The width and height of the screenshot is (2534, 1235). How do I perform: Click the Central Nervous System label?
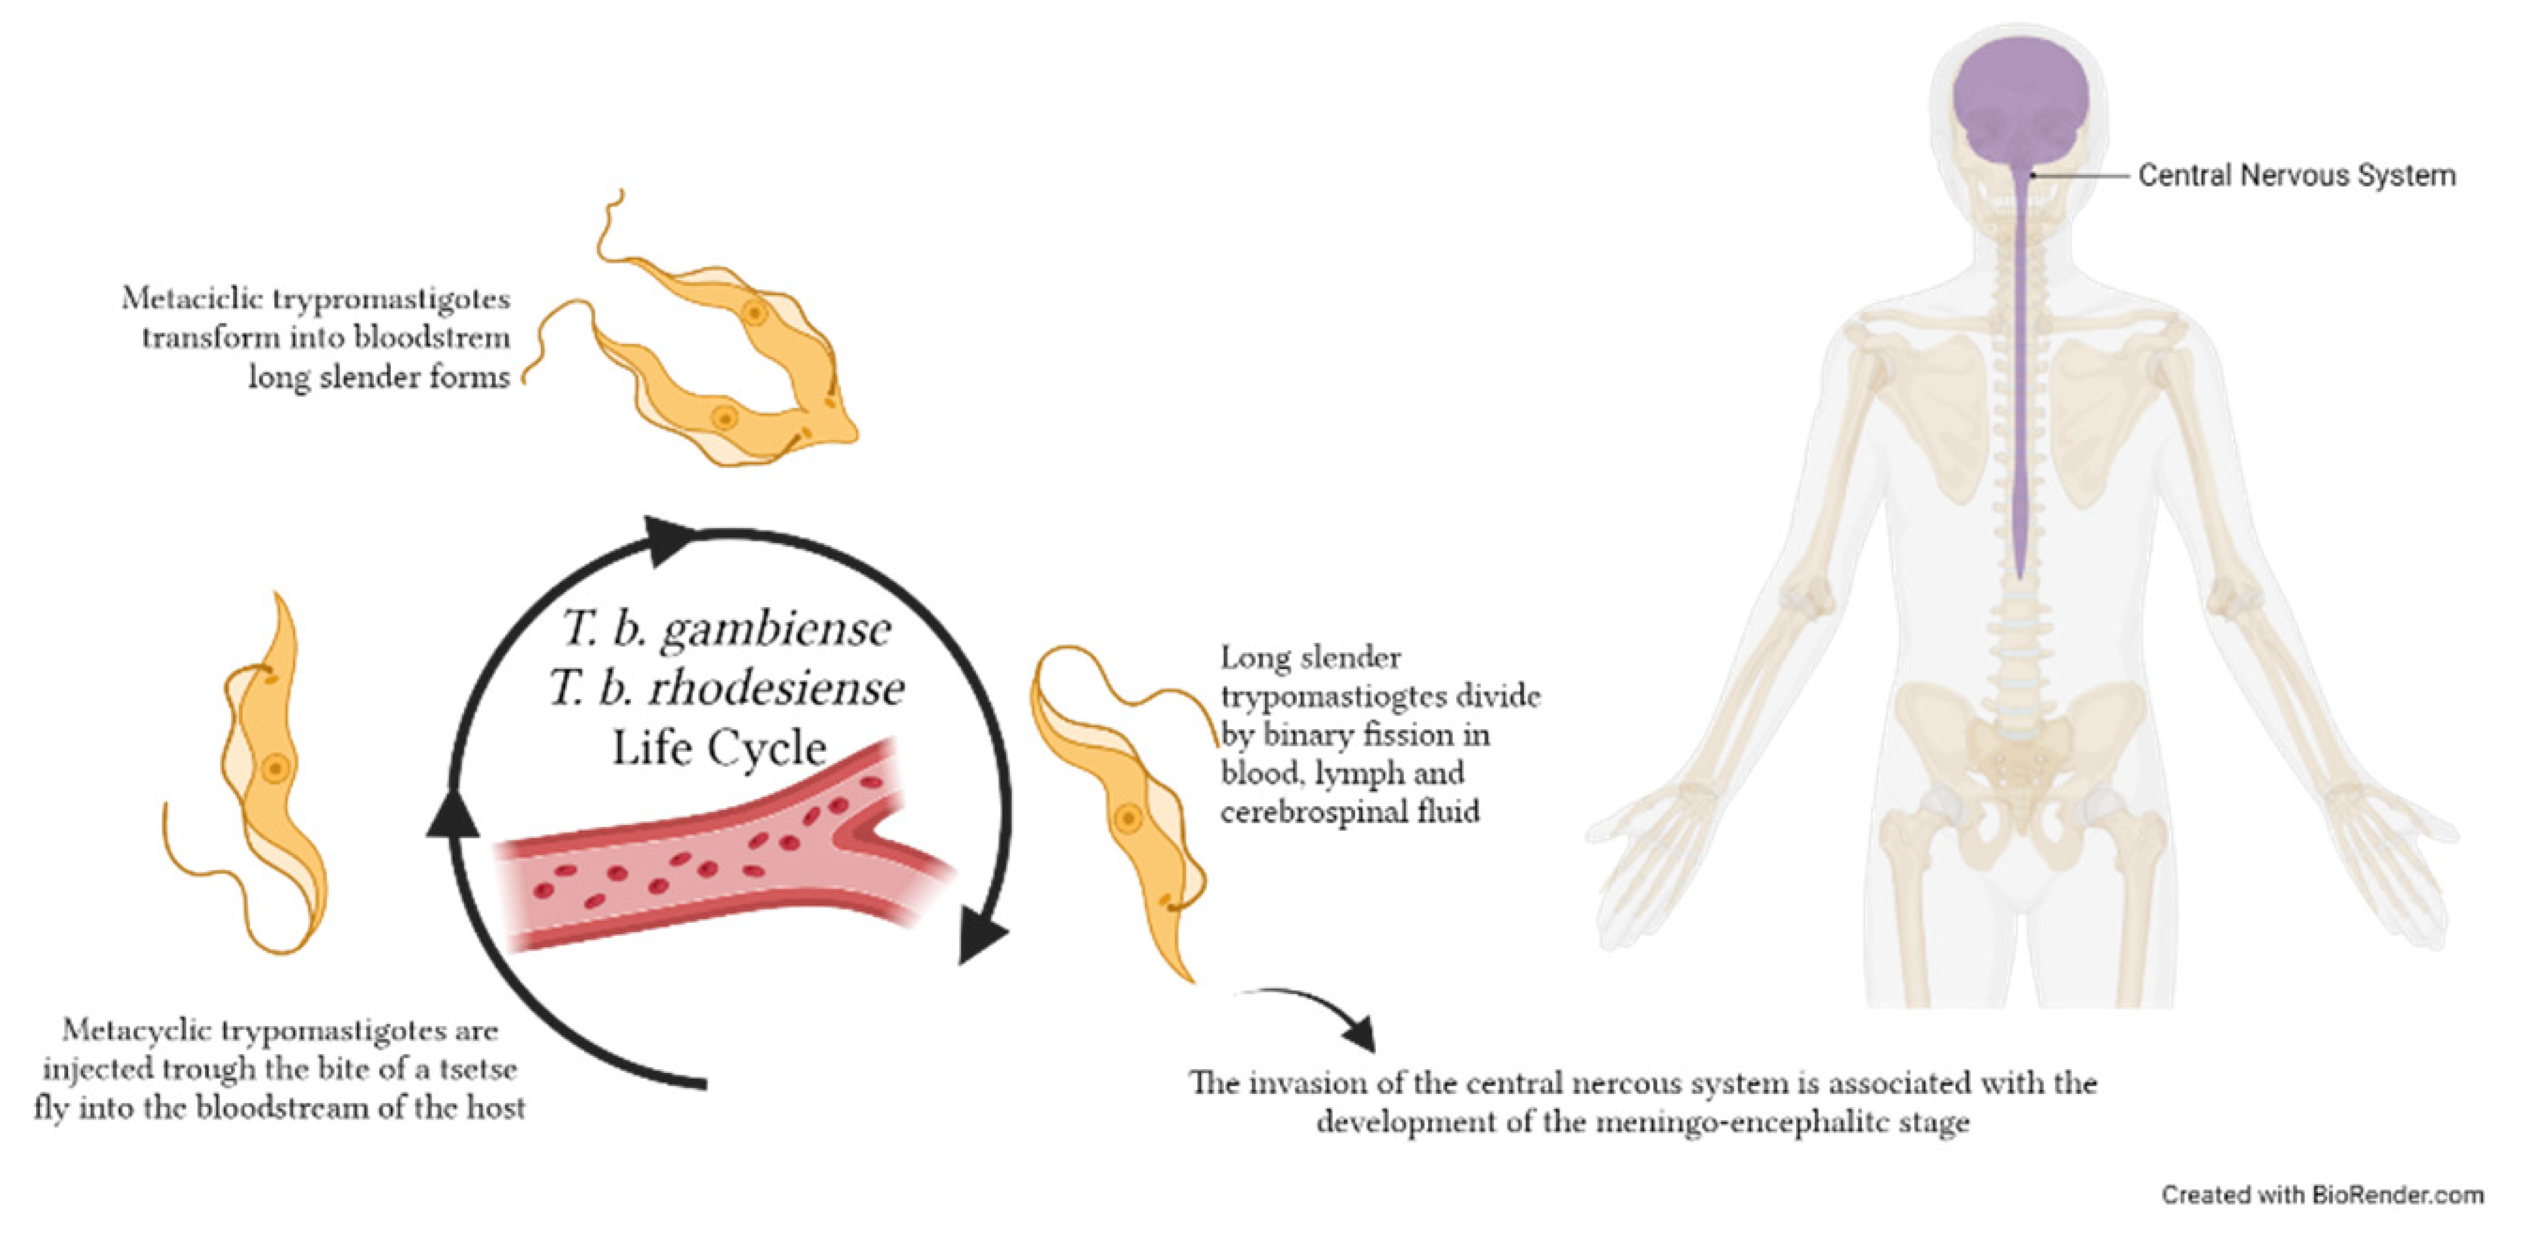(2296, 176)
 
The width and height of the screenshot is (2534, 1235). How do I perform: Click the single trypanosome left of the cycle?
(266, 777)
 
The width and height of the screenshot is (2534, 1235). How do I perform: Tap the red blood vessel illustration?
(718, 856)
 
